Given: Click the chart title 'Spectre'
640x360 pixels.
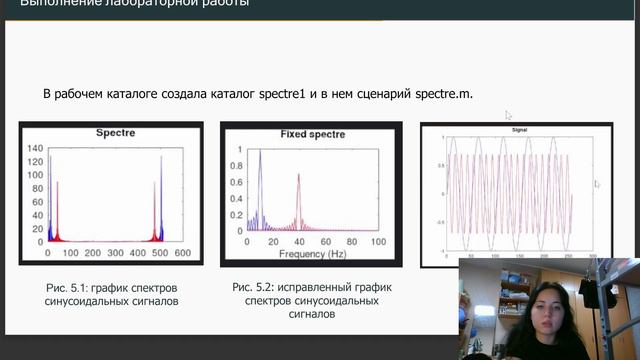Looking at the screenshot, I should (x=116, y=132).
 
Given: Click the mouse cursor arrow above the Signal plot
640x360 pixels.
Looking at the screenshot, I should (x=508, y=114).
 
